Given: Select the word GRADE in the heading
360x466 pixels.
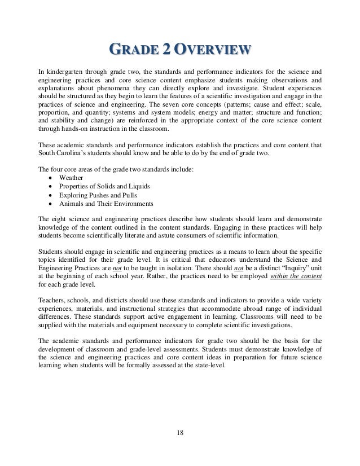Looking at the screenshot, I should pyautogui.click(x=130, y=50).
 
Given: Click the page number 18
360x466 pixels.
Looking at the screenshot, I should pyautogui.click(x=179, y=433).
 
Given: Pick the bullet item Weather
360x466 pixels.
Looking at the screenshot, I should pyautogui.click(x=71, y=178).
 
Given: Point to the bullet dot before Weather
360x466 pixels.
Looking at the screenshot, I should pyautogui.click(x=52, y=178).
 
